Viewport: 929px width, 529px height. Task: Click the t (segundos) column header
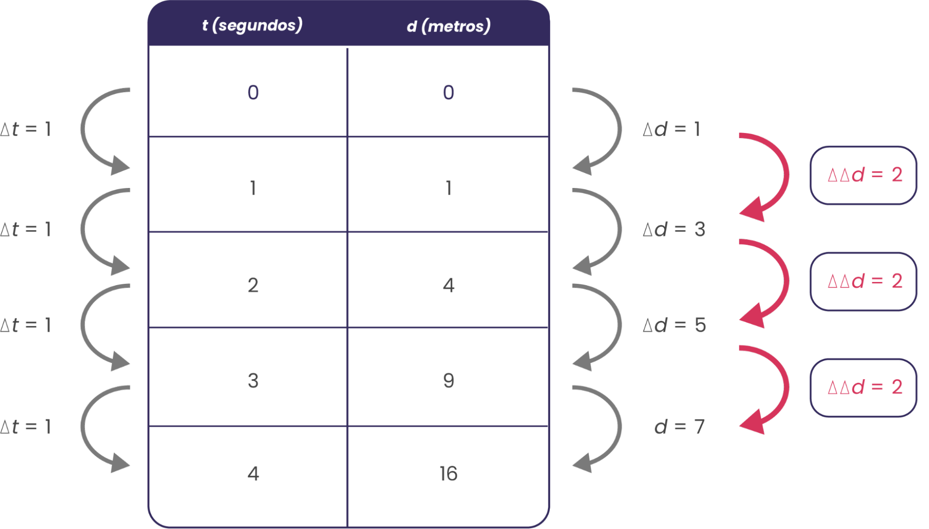[x=252, y=25]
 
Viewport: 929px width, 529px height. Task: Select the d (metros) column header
[x=448, y=26]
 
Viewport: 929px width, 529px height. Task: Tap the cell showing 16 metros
[x=448, y=474]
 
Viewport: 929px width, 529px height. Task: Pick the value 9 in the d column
[x=448, y=381]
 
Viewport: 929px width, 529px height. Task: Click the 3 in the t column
[x=253, y=381]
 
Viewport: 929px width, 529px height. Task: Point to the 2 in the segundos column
[x=253, y=285]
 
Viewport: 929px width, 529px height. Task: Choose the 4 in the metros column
[x=448, y=285]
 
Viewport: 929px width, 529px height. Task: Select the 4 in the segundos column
[x=253, y=474]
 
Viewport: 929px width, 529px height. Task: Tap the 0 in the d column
[x=448, y=92]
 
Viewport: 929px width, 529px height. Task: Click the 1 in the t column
[x=253, y=188]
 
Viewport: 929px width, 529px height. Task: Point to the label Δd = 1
[x=671, y=129]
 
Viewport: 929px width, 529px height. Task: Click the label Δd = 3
[x=674, y=229]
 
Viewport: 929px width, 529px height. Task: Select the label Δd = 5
[x=674, y=325]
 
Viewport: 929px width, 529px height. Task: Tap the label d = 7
[x=679, y=427]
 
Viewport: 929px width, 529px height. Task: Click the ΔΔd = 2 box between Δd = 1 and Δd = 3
[x=863, y=175]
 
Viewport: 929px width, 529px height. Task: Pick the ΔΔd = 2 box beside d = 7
[x=863, y=387]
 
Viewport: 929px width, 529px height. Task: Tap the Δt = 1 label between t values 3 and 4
[x=26, y=427]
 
